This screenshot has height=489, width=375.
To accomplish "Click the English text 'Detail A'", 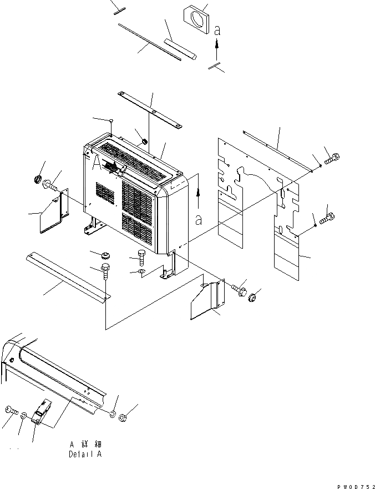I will coord(86,454).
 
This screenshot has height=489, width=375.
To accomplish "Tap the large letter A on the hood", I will coord(98,162).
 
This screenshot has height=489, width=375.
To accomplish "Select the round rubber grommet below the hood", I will coord(103,255).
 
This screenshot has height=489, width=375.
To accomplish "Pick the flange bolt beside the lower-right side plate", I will coord(238,289).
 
